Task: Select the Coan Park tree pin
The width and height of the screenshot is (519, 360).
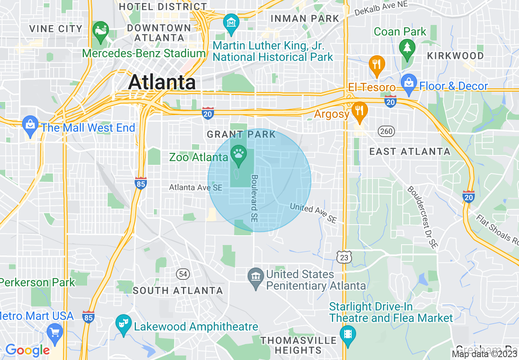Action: click(x=407, y=47)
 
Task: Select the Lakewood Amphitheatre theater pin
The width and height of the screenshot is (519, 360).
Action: click(x=123, y=323)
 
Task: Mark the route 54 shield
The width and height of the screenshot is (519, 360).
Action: click(x=182, y=273)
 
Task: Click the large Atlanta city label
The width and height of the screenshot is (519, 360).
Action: click(x=162, y=82)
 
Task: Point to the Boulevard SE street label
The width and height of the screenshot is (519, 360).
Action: click(x=255, y=199)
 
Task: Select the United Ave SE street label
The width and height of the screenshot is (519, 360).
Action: click(x=313, y=213)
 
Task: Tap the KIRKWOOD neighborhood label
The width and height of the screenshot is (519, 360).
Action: click(x=455, y=56)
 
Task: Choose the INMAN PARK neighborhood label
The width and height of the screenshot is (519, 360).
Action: click(x=305, y=18)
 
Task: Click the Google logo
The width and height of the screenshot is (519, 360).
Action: click(x=27, y=350)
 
